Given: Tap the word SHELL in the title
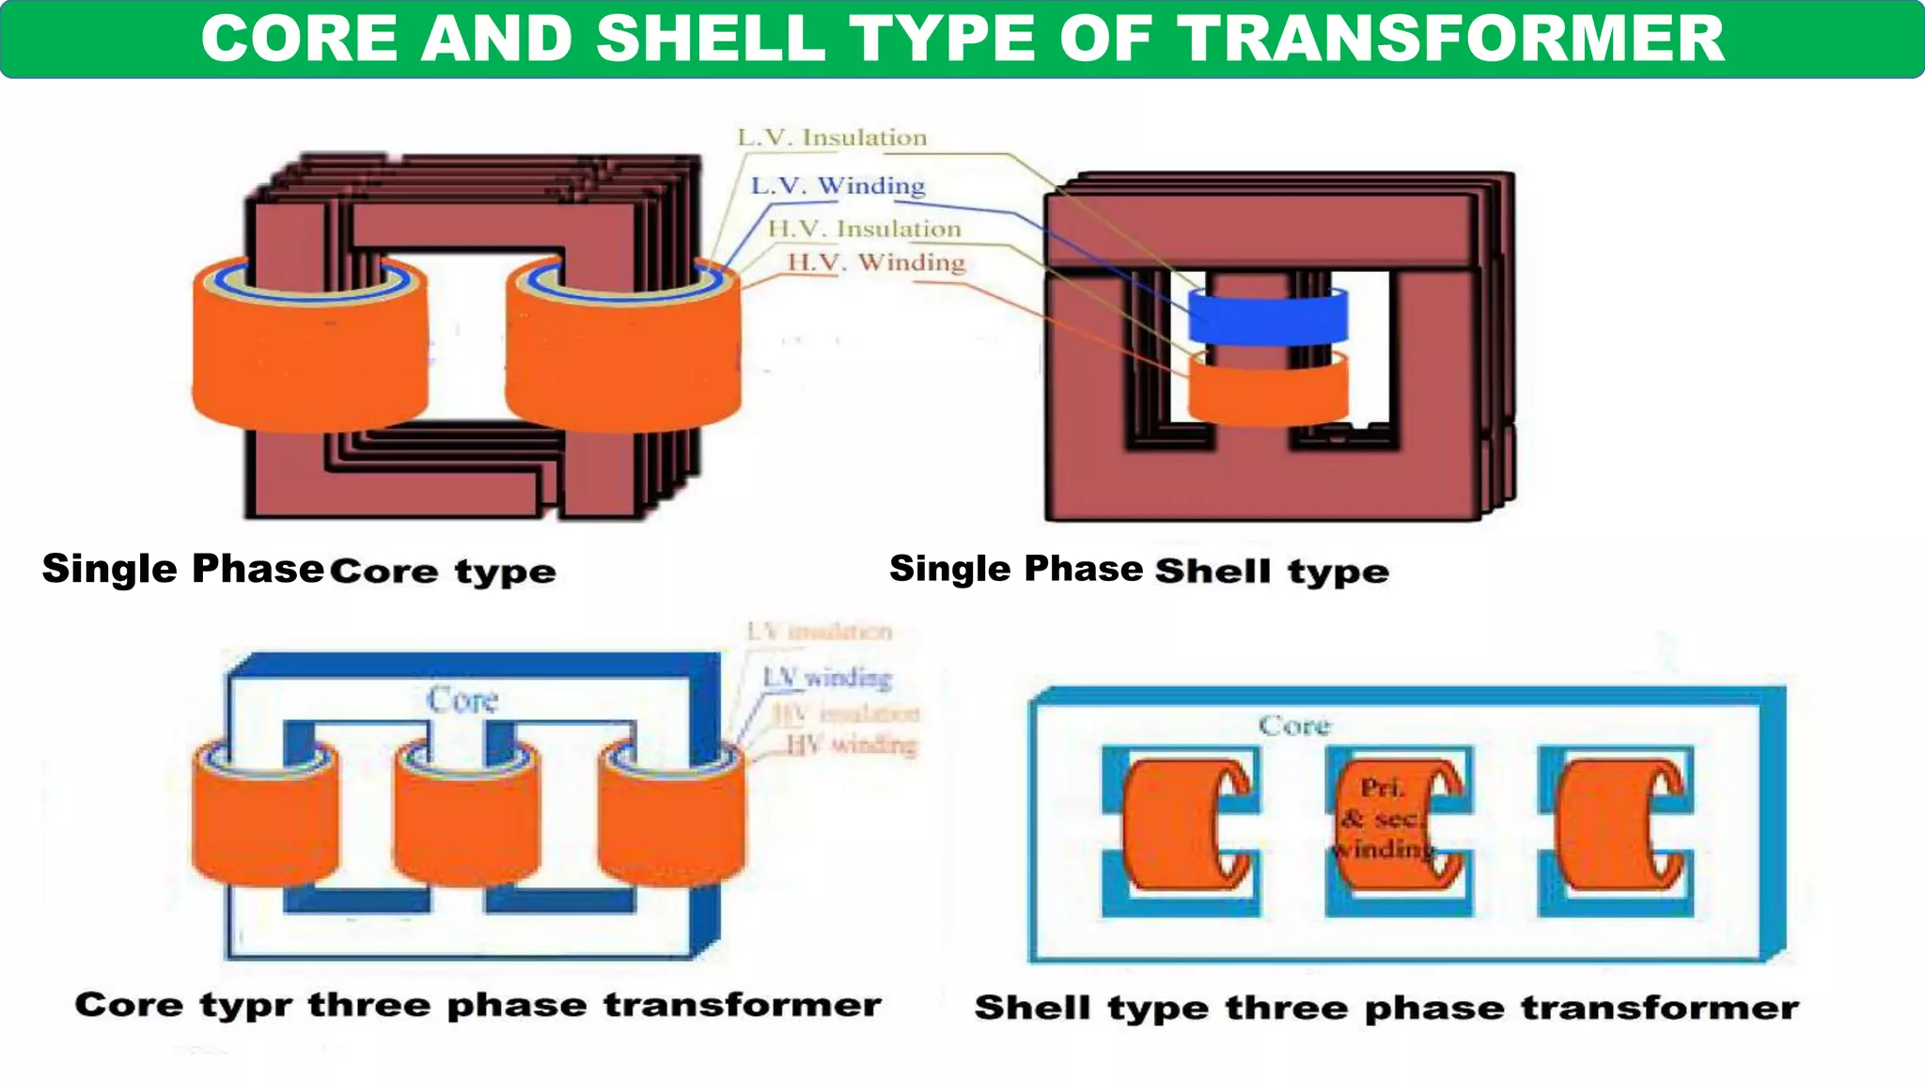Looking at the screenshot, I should pyautogui.click(x=709, y=39).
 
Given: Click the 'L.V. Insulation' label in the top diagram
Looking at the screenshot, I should pyautogui.click(x=832, y=138).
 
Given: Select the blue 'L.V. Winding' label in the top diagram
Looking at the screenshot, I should pyautogui.click(x=837, y=186).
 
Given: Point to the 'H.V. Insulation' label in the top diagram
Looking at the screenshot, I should pyautogui.click(x=864, y=229).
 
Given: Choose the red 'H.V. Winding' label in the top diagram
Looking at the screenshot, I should pyautogui.click(x=876, y=262).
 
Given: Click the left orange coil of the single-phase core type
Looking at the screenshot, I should pyautogui.click(x=310, y=357).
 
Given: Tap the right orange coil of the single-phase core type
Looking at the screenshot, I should pyautogui.click(x=622, y=357).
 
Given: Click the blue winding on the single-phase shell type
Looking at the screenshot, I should pyautogui.click(x=1267, y=317).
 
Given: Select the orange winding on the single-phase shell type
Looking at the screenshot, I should pyautogui.click(x=1267, y=387).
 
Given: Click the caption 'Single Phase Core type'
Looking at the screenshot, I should pyautogui.click(x=299, y=570).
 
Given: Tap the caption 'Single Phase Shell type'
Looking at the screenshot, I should pyautogui.click(x=1138, y=570).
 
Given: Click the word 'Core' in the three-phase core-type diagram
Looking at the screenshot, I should pyautogui.click(x=462, y=700).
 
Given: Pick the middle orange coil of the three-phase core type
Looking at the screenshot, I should pyautogui.click(x=466, y=827).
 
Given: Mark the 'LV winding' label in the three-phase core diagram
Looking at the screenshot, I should pyautogui.click(x=826, y=678).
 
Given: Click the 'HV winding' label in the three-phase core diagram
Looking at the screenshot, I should pyautogui.click(x=851, y=746).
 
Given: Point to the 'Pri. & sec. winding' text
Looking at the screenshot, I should pyautogui.click(x=1382, y=818).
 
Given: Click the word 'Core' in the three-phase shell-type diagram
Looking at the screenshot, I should pyautogui.click(x=1294, y=726).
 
